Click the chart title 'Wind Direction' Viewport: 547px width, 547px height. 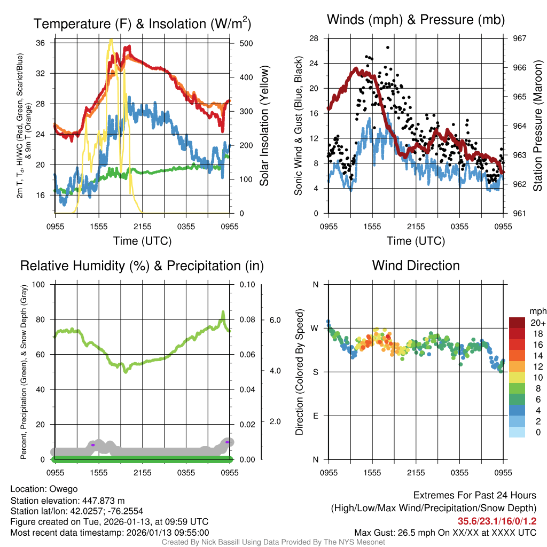click(416, 265)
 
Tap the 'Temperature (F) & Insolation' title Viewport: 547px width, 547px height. click(142, 24)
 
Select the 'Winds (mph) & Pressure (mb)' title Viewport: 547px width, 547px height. click(416, 20)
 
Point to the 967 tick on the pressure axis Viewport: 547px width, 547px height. click(520, 38)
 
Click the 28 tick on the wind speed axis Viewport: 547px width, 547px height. click(314, 38)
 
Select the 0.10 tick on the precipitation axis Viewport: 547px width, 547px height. click(247, 284)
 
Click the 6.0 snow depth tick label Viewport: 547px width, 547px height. click(274, 320)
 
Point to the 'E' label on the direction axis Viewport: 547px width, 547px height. click(315, 416)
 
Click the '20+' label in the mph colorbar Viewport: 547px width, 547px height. click(538, 323)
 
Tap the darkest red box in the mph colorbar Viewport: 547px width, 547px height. click(517, 322)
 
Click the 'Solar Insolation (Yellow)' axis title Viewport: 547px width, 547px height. click(264, 126)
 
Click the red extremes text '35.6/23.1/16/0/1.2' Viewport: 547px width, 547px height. click(497, 521)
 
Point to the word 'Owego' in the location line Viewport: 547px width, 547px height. click(64, 489)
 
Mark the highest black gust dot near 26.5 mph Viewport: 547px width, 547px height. click(387, 48)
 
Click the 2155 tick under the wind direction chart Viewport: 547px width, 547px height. click(416, 473)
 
